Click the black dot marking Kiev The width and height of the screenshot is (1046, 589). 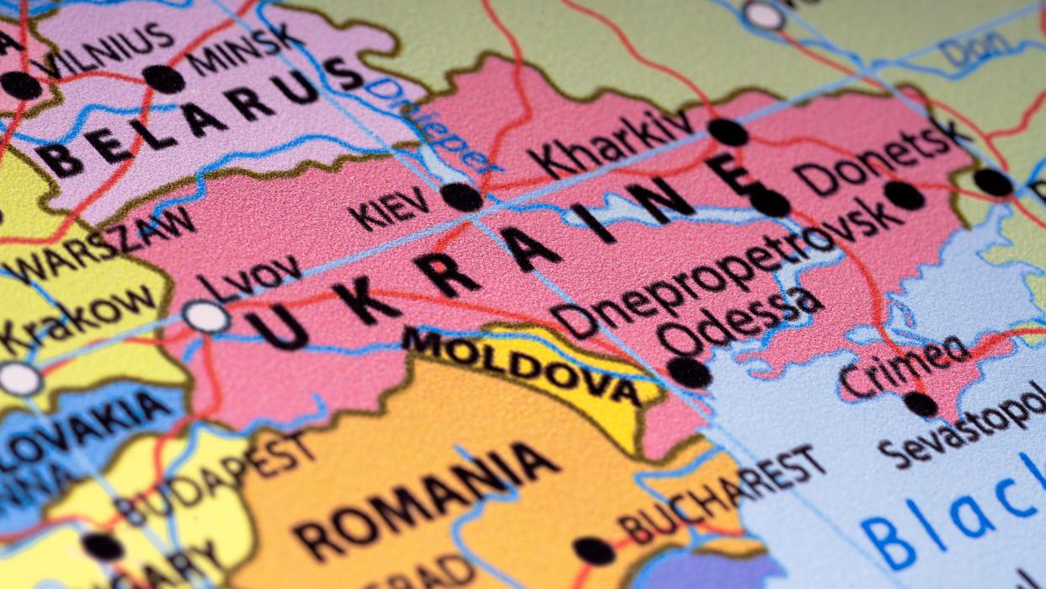462,196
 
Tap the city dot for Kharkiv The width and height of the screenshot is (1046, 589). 728,132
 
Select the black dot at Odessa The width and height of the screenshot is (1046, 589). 689,372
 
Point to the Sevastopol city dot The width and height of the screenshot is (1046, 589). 921,404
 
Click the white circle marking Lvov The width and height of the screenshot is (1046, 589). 206,317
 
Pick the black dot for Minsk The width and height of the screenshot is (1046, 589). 163,79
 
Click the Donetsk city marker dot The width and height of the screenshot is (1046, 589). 905,195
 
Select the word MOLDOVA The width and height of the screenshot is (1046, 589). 522,366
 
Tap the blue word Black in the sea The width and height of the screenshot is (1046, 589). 953,514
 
